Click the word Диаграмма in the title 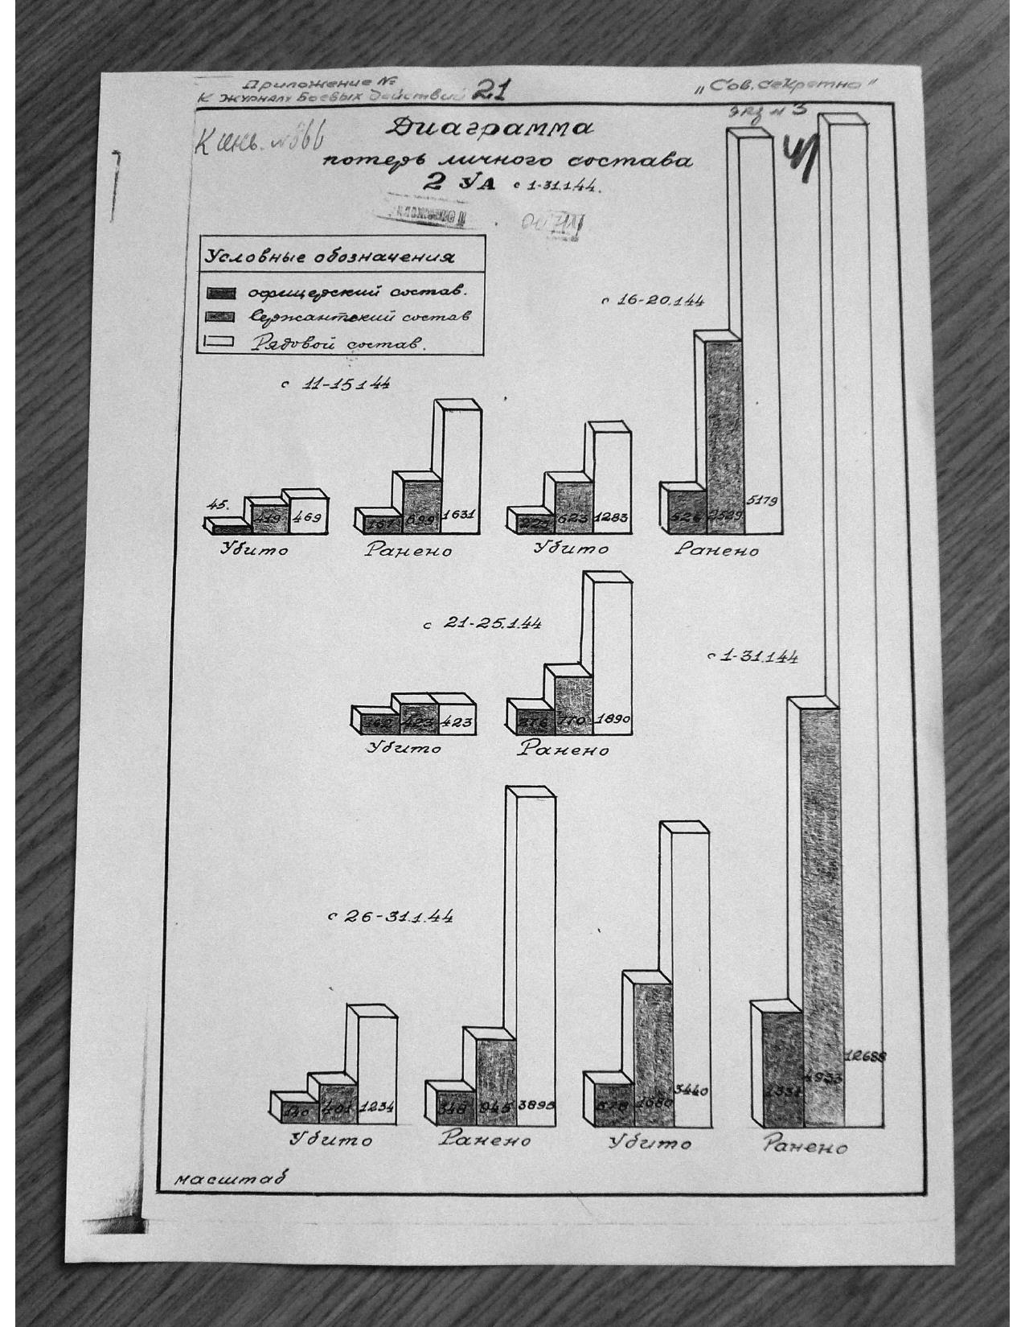pyautogui.click(x=490, y=129)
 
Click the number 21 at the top pyautogui.click(x=486, y=92)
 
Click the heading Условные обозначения pyautogui.click(x=328, y=258)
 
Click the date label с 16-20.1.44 pyautogui.click(x=653, y=302)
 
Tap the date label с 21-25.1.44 pyautogui.click(x=483, y=624)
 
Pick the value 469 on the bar pyautogui.click(x=307, y=519)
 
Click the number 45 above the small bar pyautogui.click(x=217, y=504)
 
